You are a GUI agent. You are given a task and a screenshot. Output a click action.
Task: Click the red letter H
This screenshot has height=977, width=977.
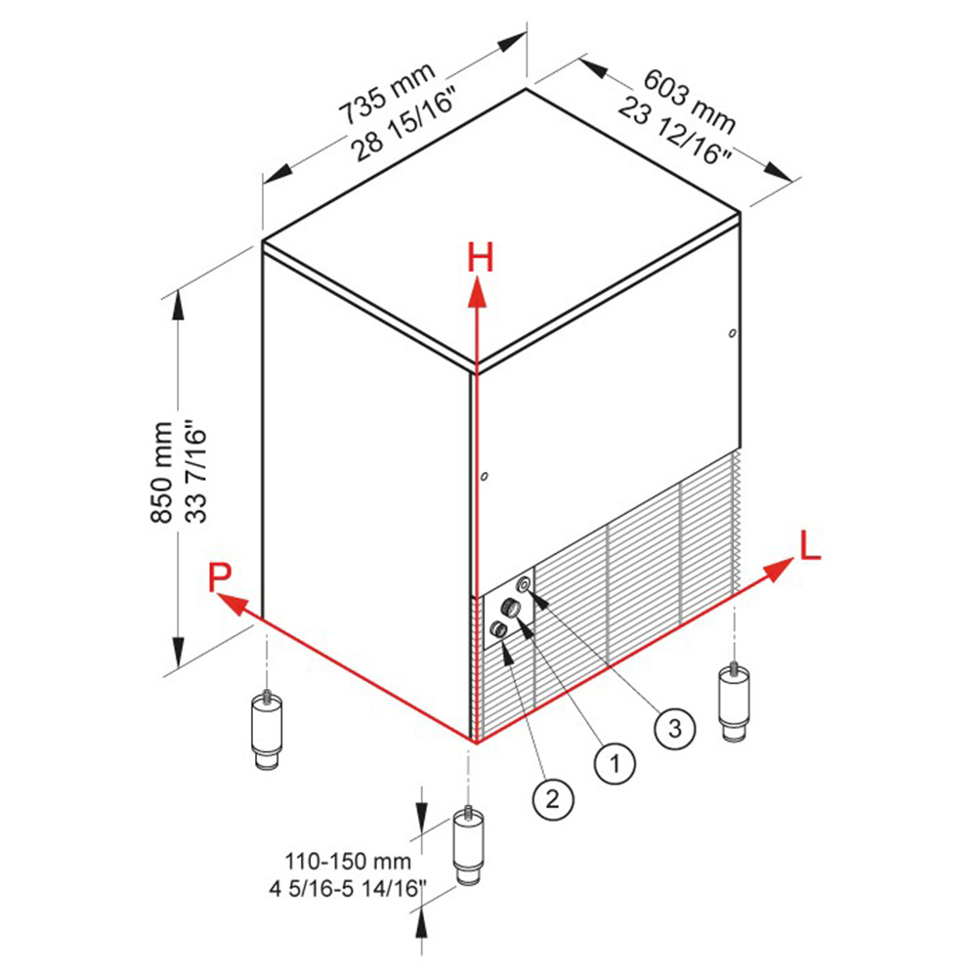coord(481,257)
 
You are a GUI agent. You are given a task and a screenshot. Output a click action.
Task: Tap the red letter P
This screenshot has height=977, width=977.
coord(219,577)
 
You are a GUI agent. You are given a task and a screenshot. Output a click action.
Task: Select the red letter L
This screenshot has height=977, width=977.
coord(810,546)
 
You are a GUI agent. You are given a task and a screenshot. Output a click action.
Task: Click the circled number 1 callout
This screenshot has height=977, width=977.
coord(615,763)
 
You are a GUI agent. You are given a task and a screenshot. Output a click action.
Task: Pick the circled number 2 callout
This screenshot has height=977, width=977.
coord(553,799)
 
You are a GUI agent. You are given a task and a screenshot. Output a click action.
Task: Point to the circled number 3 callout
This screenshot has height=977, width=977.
coord(675,728)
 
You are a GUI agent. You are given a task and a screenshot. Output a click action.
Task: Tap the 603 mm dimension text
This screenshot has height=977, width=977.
coord(689,101)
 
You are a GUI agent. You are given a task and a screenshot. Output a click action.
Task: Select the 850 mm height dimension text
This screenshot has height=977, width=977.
coord(162,472)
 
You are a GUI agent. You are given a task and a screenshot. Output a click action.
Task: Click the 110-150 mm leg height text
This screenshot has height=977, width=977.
coord(348,862)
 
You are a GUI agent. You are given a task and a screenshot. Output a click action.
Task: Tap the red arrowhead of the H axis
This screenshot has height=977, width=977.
coord(478,293)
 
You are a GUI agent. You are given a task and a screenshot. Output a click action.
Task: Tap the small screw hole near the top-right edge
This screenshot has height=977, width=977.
coord(733,333)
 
